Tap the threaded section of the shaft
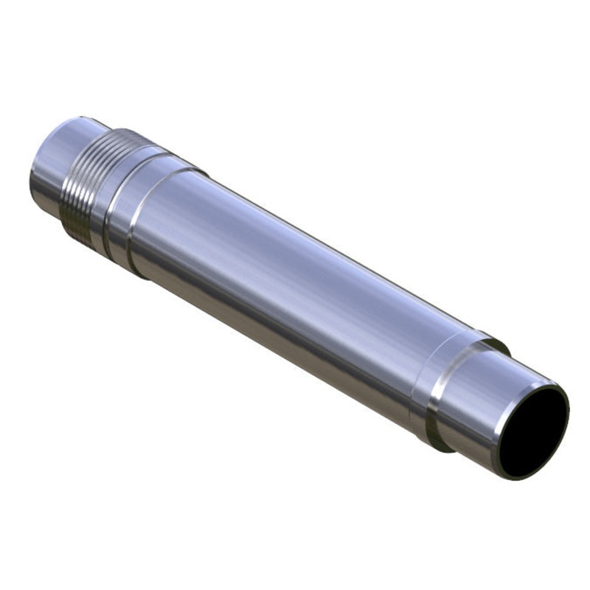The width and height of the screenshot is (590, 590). (x=80, y=184)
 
